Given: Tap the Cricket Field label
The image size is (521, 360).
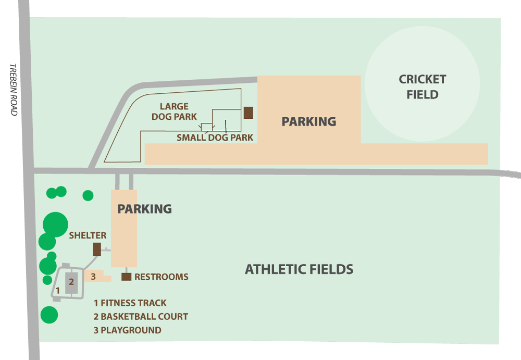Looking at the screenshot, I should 423,87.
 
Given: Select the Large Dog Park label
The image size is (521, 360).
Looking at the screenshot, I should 174,111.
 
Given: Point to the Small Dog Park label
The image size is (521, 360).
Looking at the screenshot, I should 215,138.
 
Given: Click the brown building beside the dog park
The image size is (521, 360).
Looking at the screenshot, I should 249,113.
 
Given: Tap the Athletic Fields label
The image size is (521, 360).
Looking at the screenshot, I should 299,269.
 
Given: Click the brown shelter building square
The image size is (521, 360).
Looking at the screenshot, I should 97,249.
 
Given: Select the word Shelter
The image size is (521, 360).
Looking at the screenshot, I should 88,235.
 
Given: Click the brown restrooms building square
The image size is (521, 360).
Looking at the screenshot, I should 126,277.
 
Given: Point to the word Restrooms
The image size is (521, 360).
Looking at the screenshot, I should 161,277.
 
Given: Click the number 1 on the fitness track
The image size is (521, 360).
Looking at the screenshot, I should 58,290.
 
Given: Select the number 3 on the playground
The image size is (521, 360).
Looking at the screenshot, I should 93,276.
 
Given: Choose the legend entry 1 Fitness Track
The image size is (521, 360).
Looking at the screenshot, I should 130,303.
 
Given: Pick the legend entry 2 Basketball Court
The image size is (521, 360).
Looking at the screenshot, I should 141,316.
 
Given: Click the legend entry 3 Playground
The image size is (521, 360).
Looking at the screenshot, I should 127,330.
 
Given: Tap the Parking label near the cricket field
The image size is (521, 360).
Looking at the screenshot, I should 308,121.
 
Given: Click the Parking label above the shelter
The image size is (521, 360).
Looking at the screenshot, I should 144,209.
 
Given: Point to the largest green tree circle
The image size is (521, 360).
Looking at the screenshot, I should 55,225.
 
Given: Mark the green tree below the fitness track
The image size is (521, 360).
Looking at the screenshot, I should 49,315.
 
